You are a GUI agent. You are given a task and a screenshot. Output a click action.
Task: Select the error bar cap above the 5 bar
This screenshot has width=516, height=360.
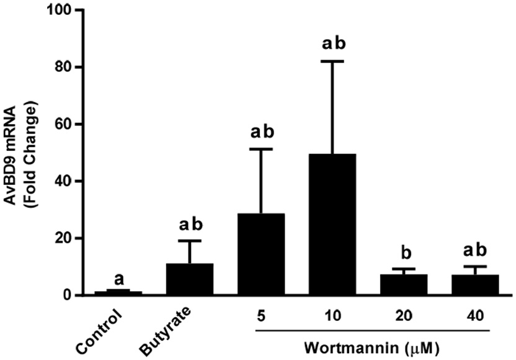click(x=261, y=149)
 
